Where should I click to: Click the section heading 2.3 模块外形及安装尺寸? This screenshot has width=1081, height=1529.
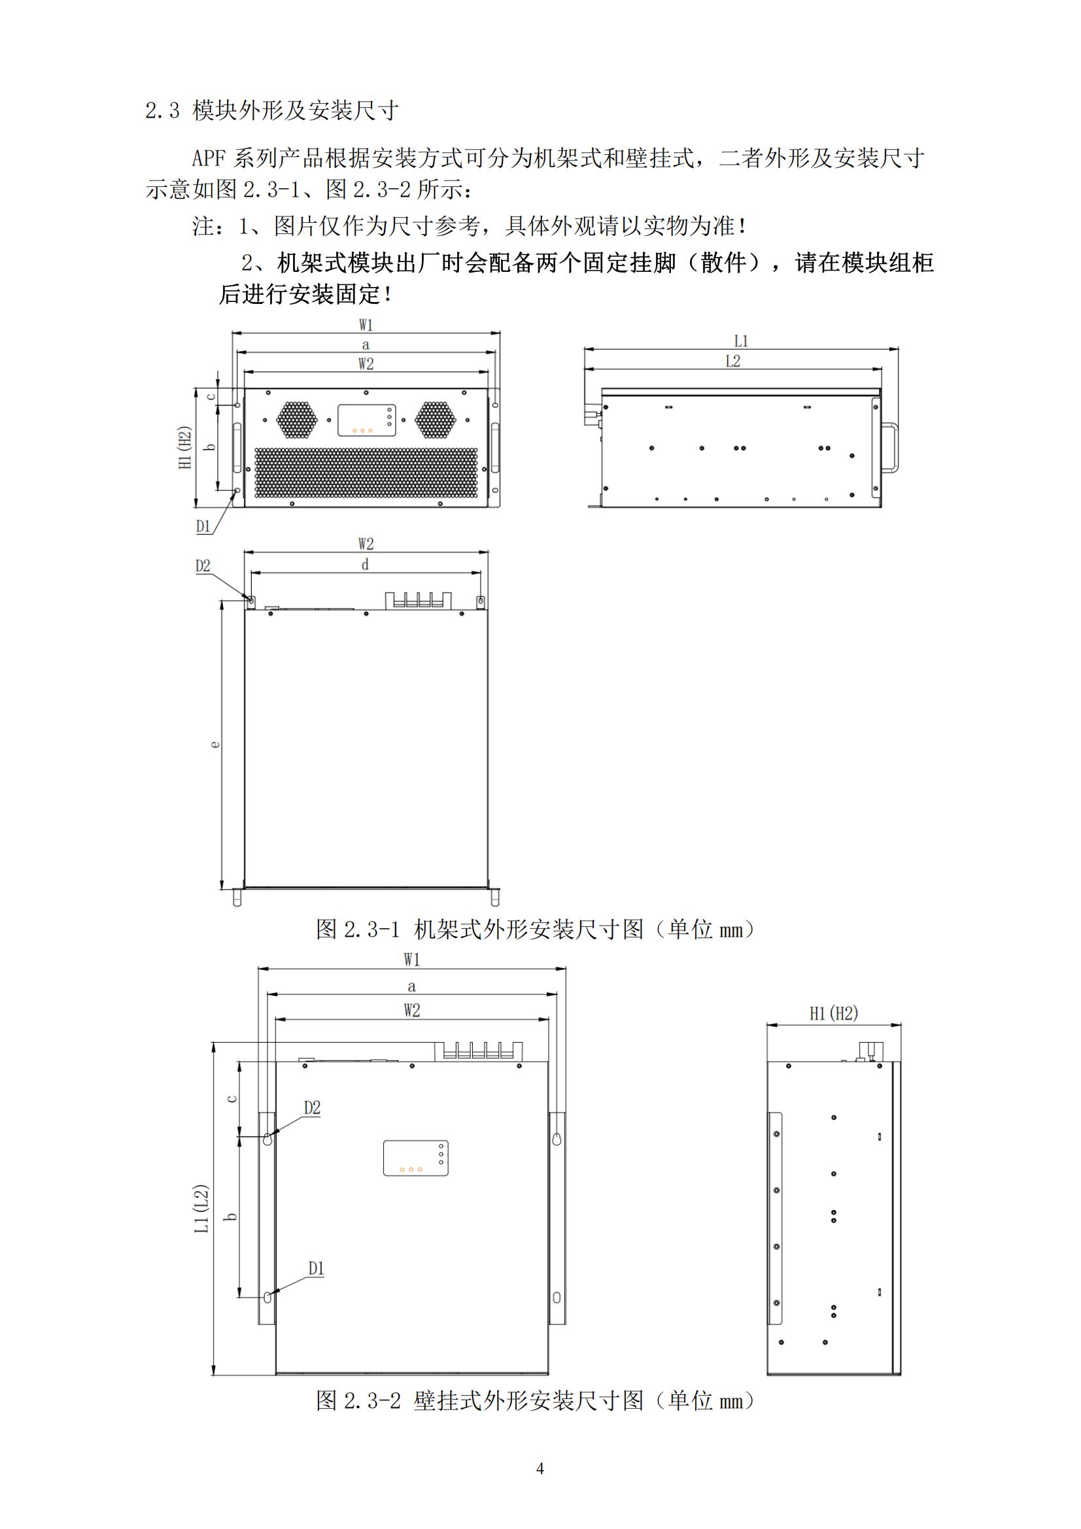click(x=272, y=110)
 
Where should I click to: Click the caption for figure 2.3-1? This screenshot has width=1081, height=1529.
click(x=537, y=928)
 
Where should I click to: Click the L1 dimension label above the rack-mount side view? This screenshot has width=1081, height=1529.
click(x=742, y=341)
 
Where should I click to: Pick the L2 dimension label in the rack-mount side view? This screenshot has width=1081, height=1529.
click(x=732, y=361)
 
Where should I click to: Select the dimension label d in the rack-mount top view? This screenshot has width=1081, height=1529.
click(x=365, y=565)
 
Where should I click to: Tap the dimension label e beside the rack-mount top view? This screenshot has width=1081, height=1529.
click(x=214, y=744)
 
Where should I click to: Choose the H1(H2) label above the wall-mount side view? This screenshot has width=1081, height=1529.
click(x=834, y=1014)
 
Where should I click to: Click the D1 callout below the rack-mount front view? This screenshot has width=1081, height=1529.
click(x=203, y=526)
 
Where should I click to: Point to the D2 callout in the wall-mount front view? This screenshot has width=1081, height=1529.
click(x=313, y=1108)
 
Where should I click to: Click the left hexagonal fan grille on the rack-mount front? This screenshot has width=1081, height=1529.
click(x=297, y=420)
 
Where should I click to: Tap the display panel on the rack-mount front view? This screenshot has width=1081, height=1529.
click(x=366, y=420)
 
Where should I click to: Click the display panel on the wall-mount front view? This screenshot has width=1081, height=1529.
click(x=416, y=1158)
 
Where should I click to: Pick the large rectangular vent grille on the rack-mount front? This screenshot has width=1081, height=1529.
click(x=366, y=473)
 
